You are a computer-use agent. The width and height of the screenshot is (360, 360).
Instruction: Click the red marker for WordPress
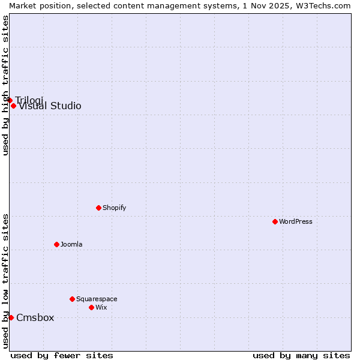click(275, 221)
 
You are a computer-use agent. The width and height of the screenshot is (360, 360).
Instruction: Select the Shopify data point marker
click(98, 208)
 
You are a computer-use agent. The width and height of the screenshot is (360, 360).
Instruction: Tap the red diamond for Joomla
click(56, 244)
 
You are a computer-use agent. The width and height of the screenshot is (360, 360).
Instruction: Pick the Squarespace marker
click(72, 299)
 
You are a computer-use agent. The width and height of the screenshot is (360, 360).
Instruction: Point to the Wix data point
click(91, 307)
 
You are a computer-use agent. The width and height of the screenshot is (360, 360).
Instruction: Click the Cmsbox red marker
click(11, 317)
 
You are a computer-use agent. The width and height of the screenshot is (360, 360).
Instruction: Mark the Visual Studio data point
click(13, 106)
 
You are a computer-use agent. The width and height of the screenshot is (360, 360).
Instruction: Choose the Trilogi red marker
click(10, 100)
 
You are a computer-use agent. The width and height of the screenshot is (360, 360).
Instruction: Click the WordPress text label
click(296, 221)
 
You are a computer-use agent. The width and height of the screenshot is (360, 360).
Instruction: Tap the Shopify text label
click(114, 208)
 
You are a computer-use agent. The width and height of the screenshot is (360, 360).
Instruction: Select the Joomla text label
click(71, 244)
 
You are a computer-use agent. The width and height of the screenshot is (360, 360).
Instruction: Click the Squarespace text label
click(97, 299)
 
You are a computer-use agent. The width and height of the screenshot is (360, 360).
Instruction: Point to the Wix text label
click(101, 307)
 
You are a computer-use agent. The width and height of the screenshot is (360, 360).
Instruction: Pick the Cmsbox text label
click(35, 317)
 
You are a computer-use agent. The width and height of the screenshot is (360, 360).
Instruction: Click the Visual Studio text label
click(50, 106)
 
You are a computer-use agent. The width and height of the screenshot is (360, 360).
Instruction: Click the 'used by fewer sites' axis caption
click(62, 355)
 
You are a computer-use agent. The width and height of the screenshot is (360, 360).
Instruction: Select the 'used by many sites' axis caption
click(301, 355)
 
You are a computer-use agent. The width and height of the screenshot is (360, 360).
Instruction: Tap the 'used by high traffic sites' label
click(5, 85)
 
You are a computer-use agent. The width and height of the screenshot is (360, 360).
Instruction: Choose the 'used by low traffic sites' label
click(5, 281)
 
